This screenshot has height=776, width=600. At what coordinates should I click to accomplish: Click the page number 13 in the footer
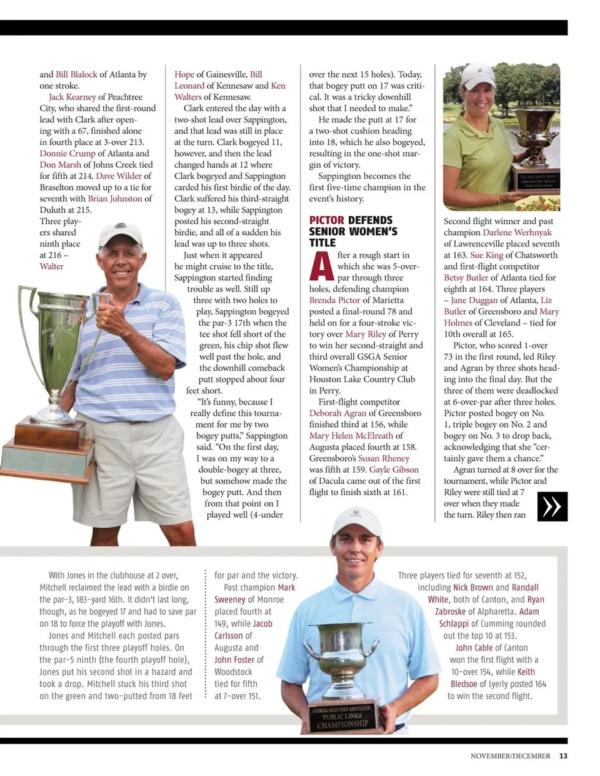[563, 755]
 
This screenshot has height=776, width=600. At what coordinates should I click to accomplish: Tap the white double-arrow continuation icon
[552, 506]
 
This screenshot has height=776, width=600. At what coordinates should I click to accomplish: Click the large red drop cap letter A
[321, 266]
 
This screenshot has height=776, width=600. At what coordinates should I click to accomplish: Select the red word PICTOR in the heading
[326, 220]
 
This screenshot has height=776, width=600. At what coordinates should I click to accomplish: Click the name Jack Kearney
[72, 97]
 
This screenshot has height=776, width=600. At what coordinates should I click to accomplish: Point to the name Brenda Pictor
[334, 300]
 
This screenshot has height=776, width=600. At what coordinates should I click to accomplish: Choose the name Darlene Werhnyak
[517, 233]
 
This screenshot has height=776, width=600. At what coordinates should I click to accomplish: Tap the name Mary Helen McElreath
[351, 436]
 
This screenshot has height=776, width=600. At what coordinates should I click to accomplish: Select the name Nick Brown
[473, 587]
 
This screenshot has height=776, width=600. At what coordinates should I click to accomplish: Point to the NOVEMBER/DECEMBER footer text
[510, 755]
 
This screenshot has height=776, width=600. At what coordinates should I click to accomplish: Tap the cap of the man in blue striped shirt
[120, 233]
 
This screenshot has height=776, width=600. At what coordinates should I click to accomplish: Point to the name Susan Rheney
[383, 458]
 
